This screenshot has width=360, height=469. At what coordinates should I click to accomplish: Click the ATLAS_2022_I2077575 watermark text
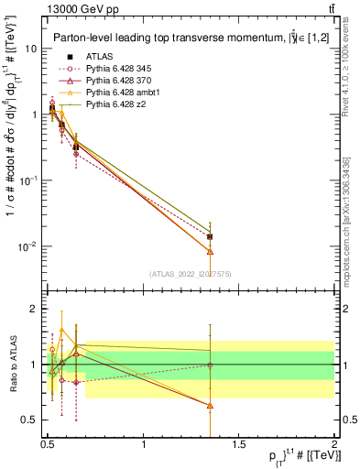pyautogui.click(x=191, y=273)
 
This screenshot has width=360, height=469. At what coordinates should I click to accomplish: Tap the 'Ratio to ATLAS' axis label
pyautogui.click(x=13, y=365)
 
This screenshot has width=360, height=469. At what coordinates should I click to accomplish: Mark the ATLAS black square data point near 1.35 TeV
pyautogui.click(x=211, y=236)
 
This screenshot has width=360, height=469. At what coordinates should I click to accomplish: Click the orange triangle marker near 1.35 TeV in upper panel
pyautogui.click(x=211, y=251)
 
